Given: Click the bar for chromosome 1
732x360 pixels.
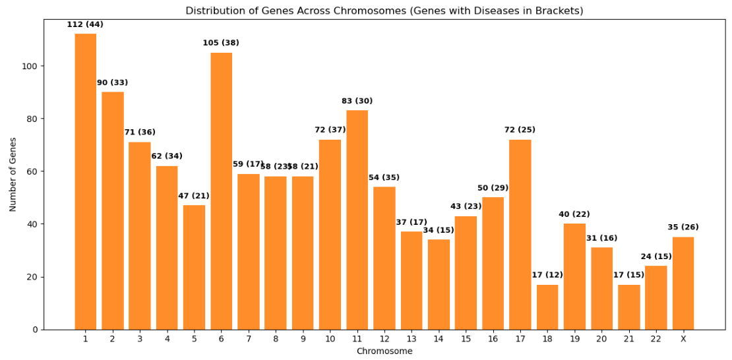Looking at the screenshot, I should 85,181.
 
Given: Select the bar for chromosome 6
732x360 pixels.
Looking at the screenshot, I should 221,191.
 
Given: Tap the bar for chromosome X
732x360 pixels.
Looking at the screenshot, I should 683,284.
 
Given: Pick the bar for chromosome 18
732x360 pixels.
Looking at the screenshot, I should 547,307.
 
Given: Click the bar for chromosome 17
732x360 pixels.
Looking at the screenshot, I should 520,235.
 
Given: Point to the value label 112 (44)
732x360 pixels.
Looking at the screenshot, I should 85,25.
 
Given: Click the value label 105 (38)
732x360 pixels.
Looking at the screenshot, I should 221,44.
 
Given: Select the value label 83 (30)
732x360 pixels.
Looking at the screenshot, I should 357,102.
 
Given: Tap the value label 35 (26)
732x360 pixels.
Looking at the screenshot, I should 683,227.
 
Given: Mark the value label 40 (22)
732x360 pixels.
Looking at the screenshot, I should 574,215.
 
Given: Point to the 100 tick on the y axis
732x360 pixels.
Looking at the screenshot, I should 31,66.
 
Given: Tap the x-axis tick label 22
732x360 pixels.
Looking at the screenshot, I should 656,340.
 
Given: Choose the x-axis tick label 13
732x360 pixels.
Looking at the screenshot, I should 411,340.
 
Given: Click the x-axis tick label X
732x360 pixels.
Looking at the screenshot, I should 683,340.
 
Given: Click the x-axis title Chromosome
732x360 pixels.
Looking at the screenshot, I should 384,351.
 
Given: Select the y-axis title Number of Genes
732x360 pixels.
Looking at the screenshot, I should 13,174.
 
